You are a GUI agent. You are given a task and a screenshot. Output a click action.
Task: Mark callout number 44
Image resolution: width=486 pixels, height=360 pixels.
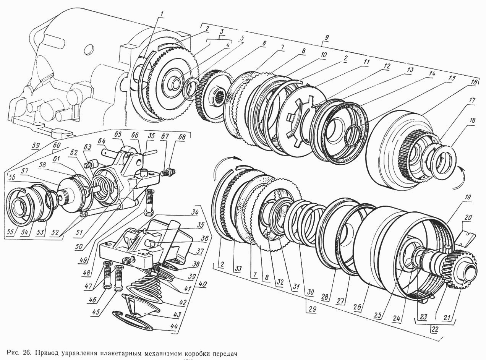(174, 328)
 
